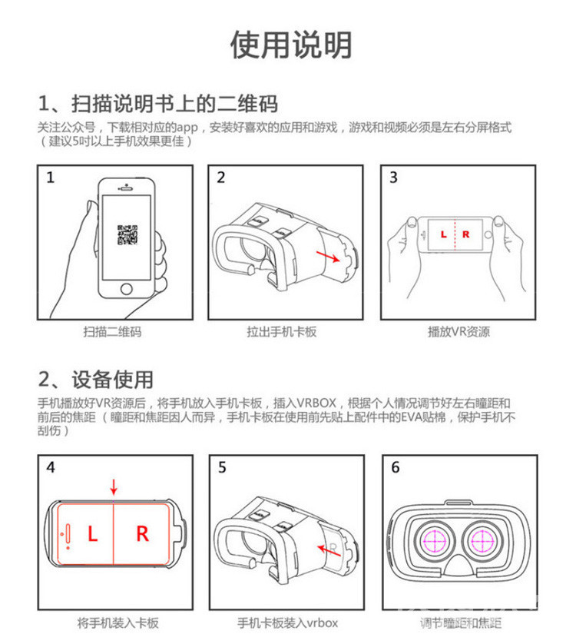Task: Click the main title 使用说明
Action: (x=290, y=45)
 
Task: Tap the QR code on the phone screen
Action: (x=127, y=235)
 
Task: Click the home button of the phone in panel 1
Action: (x=127, y=289)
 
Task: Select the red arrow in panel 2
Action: (x=328, y=256)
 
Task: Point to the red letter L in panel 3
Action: (x=443, y=234)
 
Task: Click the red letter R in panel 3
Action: (x=465, y=234)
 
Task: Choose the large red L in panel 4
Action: (x=93, y=533)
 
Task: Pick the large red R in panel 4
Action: (x=142, y=533)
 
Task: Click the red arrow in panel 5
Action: (x=329, y=551)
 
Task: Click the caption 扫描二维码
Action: (x=112, y=332)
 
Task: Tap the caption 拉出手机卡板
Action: (x=282, y=332)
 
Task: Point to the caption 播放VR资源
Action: (x=459, y=332)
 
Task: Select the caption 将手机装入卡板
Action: (x=118, y=623)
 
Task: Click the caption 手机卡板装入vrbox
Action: (x=288, y=623)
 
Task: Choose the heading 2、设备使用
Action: (x=96, y=380)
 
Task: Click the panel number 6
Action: (x=396, y=467)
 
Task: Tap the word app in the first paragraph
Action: (x=187, y=128)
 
